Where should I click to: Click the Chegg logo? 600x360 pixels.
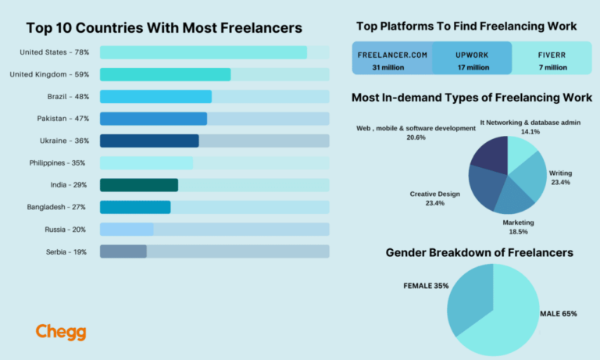click(61, 332)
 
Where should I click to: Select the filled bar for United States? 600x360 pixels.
click(203, 52)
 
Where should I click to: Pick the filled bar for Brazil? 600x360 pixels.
click(155, 97)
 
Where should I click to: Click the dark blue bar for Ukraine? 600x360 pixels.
click(149, 141)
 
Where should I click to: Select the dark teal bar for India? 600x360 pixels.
click(139, 185)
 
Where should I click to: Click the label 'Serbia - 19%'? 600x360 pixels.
click(66, 251)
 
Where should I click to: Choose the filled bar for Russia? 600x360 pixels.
click(127, 229)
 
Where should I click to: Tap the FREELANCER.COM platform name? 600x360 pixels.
click(392, 55)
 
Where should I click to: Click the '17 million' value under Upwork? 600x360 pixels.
click(472, 67)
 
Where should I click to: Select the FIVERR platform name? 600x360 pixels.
click(552, 55)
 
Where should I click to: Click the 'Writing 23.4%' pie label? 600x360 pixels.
click(560, 177)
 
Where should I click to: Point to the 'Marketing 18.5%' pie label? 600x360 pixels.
click(518, 227)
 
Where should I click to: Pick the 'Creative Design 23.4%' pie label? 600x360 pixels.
click(435, 198)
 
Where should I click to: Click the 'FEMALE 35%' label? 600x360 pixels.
click(426, 286)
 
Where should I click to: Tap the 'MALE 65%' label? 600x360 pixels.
click(558, 314)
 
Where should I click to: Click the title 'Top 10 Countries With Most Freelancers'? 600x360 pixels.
click(164, 28)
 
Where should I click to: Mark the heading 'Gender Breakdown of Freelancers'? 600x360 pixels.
click(479, 253)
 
